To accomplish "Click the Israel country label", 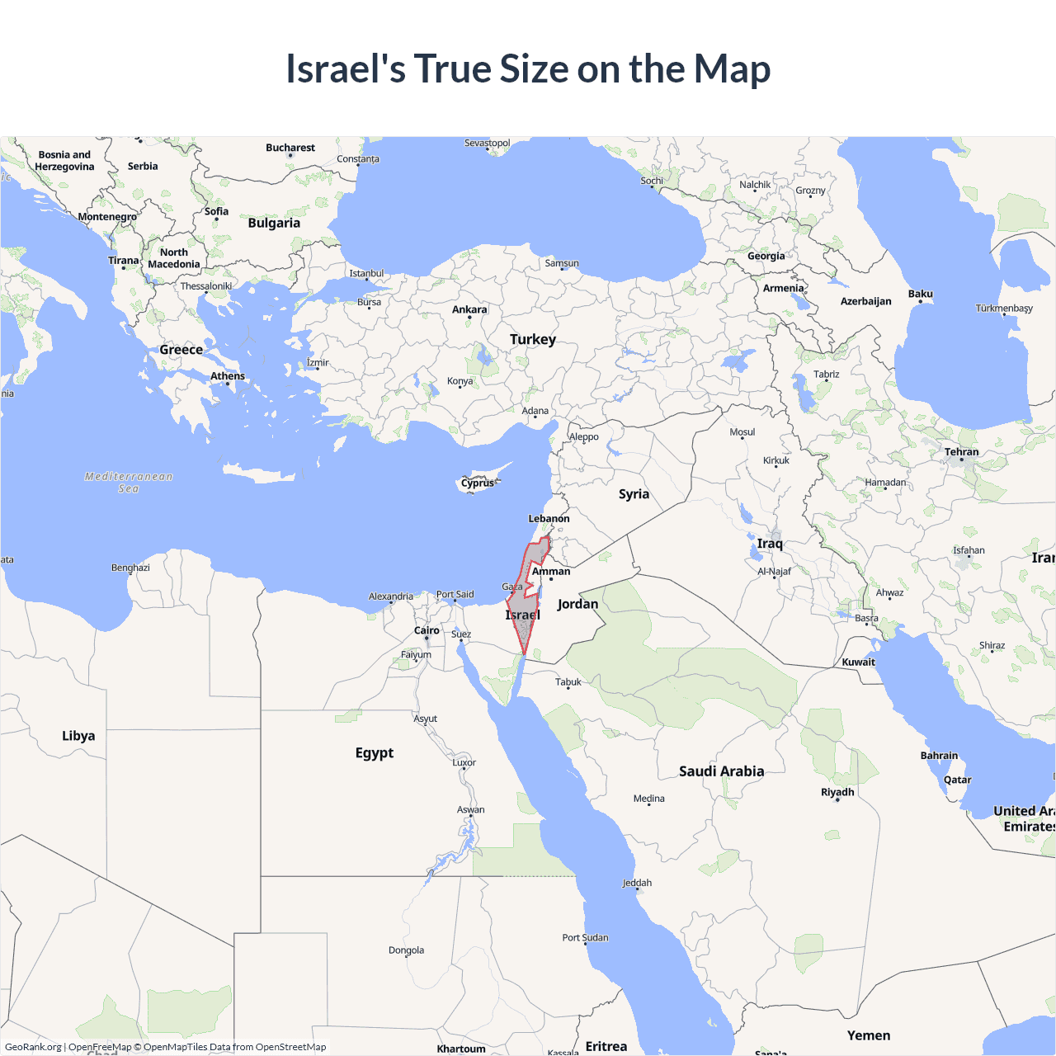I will click(x=522, y=615).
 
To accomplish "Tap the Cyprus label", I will click(x=478, y=483).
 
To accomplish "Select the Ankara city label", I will click(x=469, y=309).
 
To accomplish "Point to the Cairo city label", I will click(x=427, y=630).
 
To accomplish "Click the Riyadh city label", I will click(x=837, y=792).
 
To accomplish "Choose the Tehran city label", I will click(x=961, y=452).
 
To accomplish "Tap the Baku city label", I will click(x=920, y=294).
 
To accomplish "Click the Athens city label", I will click(x=228, y=376).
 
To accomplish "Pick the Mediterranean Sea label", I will click(x=129, y=483).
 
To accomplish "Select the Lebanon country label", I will click(x=549, y=519).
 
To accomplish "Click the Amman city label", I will click(x=551, y=571).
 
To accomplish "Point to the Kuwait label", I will click(x=858, y=662).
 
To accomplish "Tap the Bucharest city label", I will click(x=290, y=148).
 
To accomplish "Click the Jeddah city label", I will click(x=637, y=883).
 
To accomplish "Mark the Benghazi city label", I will click(x=130, y=568).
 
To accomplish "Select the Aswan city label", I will click(x=471, y=809).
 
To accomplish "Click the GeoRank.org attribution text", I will click(x=33, y=1047).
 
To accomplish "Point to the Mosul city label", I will click(x=742, y=432).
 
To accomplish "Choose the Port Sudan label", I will click(x=585, y=937).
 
